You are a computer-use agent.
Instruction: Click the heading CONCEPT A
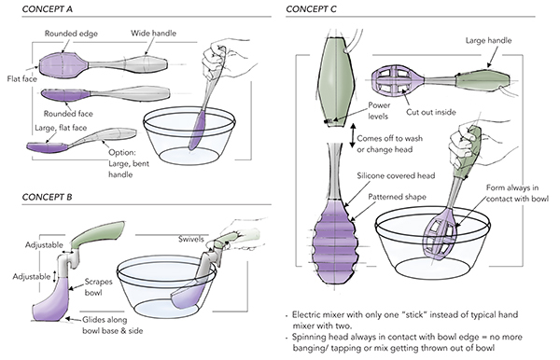click(x=48, y=9)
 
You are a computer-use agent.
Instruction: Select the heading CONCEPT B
click(x=47, y=197)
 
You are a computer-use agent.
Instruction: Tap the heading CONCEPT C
click(x=311, y=9)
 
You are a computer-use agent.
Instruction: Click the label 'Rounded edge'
click(x=71, y=34)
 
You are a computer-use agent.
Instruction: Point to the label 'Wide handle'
click(x=153, y=34)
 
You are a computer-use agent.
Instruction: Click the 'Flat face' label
click(x=22, y=78)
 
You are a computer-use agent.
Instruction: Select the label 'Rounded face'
click(x=68, y=114)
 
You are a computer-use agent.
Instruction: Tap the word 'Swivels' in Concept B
click(x=191, y=239)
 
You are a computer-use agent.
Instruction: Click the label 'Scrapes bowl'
click(x=98, y=287)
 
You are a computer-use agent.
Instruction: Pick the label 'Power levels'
click(x=379, y=111)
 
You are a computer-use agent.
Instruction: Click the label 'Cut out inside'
click(x=430, y=112)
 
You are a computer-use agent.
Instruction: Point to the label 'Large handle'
click(x=488, y=40)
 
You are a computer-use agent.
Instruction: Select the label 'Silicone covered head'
click(x=396, y=175)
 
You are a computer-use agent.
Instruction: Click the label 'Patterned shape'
click(x=397, y=197)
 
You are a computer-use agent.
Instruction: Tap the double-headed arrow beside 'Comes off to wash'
click(x=352, y=136)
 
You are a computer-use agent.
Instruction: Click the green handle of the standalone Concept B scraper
click(x=97, y=234)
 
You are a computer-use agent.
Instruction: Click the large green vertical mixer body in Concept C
click(x=336, y=81)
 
